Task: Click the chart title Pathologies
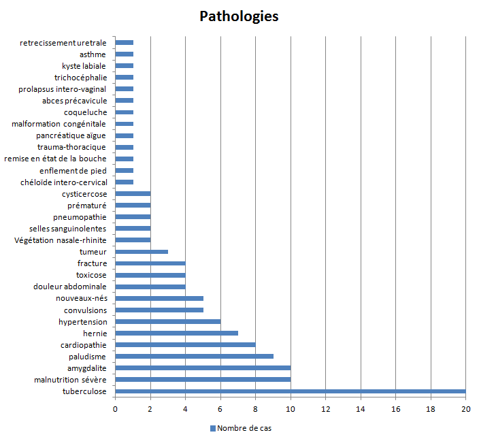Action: click(239, 16)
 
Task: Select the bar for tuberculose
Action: click(290, 391)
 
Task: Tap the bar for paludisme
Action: click(194, 356)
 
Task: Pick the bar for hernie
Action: click(176, 333)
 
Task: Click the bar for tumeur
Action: click(142, 252)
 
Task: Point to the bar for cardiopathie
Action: click(185, 344)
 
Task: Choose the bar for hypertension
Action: click(167, 321)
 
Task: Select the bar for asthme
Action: click(124, 54)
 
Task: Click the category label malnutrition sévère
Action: click(70, 380)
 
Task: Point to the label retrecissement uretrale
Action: click(63, 43)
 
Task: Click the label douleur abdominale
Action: click(69, 287)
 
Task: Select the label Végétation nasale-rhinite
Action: click(60, 240)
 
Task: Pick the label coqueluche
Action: click(85, 112)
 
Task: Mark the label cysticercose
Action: click(84, 194)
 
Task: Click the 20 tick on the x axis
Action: click(465, 408)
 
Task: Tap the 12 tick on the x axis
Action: click(325, 408)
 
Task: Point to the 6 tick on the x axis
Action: click(220, 408)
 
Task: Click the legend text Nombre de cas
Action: click(244, 428)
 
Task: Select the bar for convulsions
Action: click(159, 310)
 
